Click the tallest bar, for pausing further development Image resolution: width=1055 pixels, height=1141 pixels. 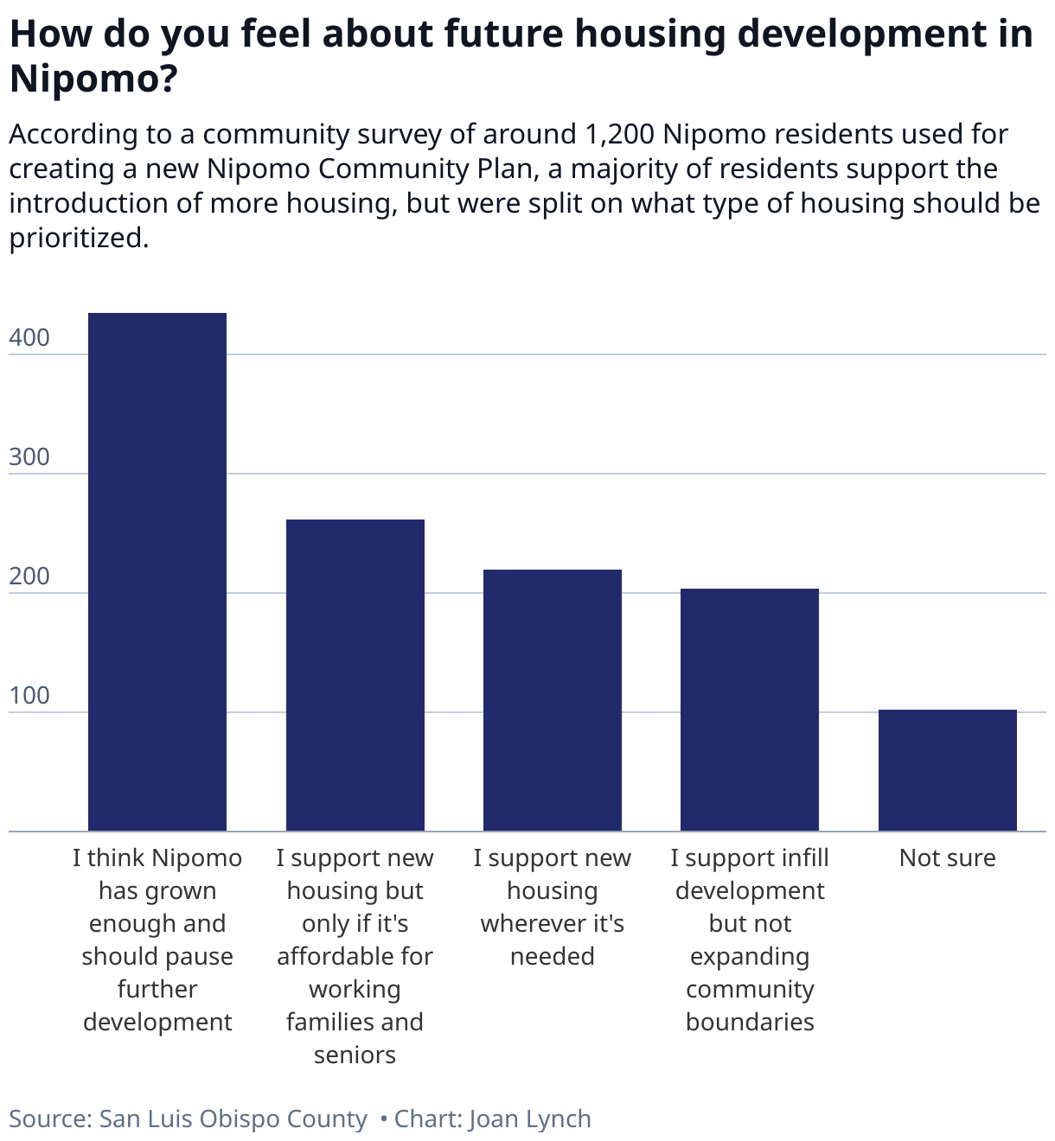157,571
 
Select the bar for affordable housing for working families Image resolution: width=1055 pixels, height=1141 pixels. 355,675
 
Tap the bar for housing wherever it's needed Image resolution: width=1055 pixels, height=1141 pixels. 553,700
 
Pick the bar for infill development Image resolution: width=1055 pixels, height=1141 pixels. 750,710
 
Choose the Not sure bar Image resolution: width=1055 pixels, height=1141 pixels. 948,770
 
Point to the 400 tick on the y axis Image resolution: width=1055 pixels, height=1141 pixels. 29,338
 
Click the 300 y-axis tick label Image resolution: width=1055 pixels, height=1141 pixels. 29,457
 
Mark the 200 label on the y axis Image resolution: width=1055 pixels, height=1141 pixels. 29,577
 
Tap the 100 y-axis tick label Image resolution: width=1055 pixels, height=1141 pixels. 29,696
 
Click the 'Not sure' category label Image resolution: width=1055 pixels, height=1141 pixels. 948,858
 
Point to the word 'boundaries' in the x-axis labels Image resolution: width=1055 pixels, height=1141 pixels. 750,1023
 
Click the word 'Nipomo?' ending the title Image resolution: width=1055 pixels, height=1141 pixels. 93,78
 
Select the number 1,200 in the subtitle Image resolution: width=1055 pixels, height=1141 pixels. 619,135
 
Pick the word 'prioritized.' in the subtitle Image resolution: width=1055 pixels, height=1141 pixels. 79,239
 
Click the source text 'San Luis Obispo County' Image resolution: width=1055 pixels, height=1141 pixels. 233,1119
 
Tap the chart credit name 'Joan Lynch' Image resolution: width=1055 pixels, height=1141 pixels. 530,1119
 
